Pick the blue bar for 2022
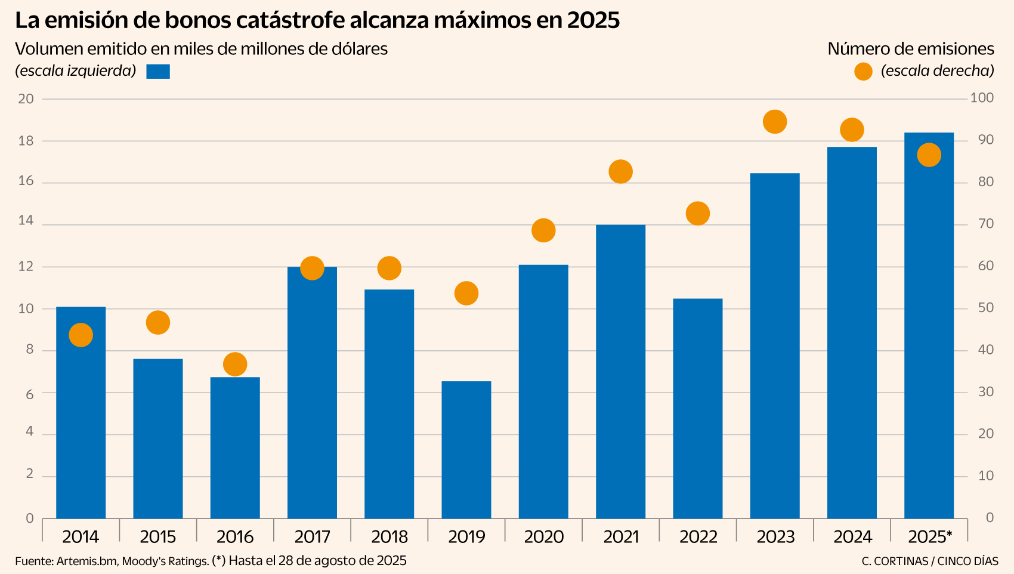pos(697,408)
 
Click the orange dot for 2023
pos(775,122)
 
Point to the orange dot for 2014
pos(81,335)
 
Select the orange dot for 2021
pos(620,172)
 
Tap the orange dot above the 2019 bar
pos(466,294)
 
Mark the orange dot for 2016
pos(235,364)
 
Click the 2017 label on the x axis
pos(312,537)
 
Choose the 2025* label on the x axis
pos(929,537)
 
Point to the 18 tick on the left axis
pos(26,141)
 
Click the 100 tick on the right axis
pos(982,98)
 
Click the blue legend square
pos(158,72)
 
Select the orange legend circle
pos(863,72)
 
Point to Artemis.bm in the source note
pos(86,561)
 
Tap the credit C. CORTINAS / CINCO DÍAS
pos(929,561)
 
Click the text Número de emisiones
pos(910,49)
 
